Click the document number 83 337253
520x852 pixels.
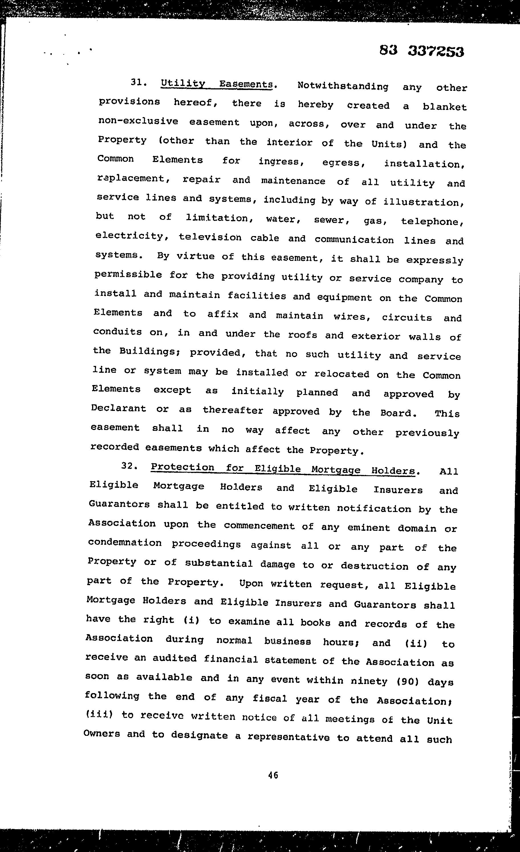421,51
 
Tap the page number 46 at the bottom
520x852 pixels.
273,775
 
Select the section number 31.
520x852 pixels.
139,82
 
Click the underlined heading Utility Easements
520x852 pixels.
217,84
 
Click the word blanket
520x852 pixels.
444,107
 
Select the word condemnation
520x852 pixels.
125,542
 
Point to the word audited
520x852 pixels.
174,659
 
